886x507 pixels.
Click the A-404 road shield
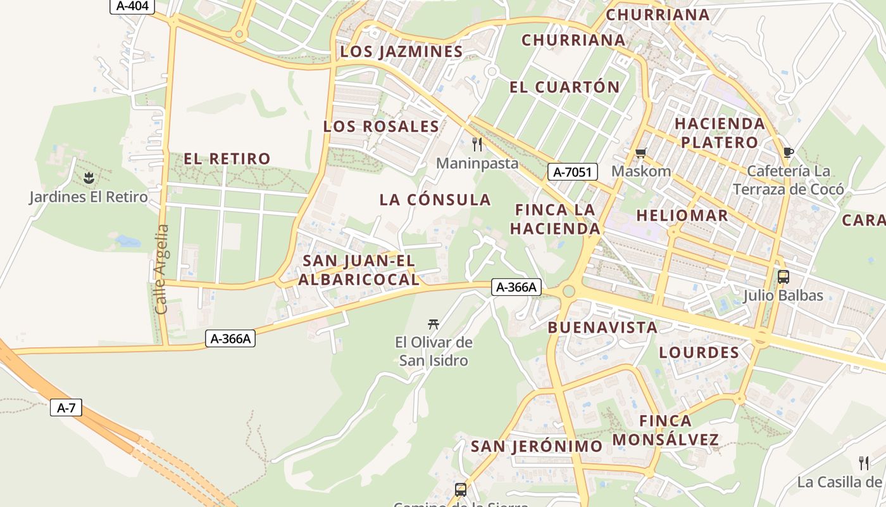pyautogui.click(x=132, y=6)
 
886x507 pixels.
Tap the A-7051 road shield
pyautogui.click(x=572, y=172)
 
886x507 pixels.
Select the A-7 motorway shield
pyautogui.click(x=66, y=408)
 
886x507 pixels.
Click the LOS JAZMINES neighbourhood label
pyautogui.click(x=402, y=52)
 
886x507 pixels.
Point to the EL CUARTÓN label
pyautogui.click(x=565, y=87)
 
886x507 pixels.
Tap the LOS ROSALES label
pyautogui.click(x=381, y=126)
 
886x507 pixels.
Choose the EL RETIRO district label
pyautogui.click(x=227, y=158)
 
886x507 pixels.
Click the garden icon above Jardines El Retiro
pyautogui.click(x=89, y=178)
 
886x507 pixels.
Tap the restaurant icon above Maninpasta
pyautogui.click(x=477, y=144)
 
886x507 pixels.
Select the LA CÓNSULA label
pyautogui.click(x=435, y=200)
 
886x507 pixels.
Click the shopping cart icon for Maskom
pyautogui.click(x=641, y=153)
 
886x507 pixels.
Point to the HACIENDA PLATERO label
pyautogui.click(x=720, y=132)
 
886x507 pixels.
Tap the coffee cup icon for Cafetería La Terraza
pyautogui.click(x=788, y=152)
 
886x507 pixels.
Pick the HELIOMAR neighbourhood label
pyautogui.click(x=682, y=215)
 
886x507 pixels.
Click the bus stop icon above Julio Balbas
pyautogui.click(x=783, y=276)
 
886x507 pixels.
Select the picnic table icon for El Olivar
pyautogui.click(x=434, y=324)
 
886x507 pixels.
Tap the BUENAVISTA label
pyautogui.click(x=602, y=328)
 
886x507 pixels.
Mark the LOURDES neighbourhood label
pyautogui.click(x=699, y=352)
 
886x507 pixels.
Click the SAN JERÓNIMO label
pyautogui.click(x=537, y=446)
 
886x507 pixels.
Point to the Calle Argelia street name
pyautogui.click(x=161, y=269)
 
